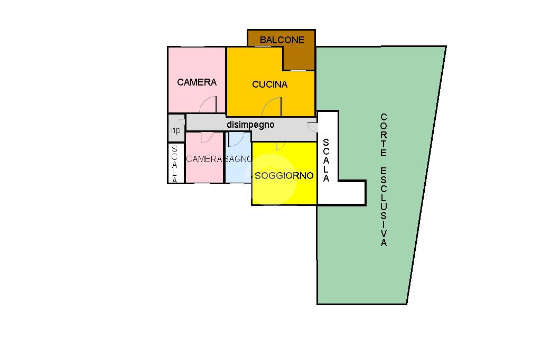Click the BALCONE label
pyautogui.click(x=282, y=40)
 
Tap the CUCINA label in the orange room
pyautogui.click(x=269, y=84)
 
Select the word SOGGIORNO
pyautogui.click(x=284, y=176)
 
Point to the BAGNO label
pyautogui.click(x=238, y=159)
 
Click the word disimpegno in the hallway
pyautogui.click(x=250, y=125)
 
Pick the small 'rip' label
pyautogui.click(x=175, y=130)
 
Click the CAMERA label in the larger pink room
pyautogui.click(x=197, y=82)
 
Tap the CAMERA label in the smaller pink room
pyautogui.click(x=204, y=159)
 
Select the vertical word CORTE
pyautogui.click(x=384, y=135)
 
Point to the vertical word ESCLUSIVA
pyautogui.click(x=384, y=207)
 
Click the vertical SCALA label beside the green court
pyautogui.click(x=326, y=160)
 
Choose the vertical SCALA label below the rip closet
pyautogui.click(x=175, y=164)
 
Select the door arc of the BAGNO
pyautogui.click(x=237, y=139)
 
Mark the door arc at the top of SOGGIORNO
pyautogui.click(x=281, y=146)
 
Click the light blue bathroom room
pyautogui.click(x=238, y=172)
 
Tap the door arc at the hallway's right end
pyautogui.click(x=312, y=126)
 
